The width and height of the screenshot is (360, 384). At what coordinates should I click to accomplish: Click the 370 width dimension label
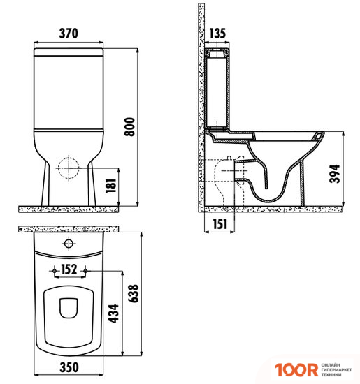pos(69,33)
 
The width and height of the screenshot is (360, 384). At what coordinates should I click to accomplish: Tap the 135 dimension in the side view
pos(218,33)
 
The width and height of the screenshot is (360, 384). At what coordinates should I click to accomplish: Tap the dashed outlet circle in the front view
pos(69,167)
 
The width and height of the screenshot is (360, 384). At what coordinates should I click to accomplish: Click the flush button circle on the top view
pos(69,244)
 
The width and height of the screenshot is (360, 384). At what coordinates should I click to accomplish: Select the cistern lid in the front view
pos(69,51)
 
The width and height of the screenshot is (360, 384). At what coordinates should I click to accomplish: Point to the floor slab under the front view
pos(69,208)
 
